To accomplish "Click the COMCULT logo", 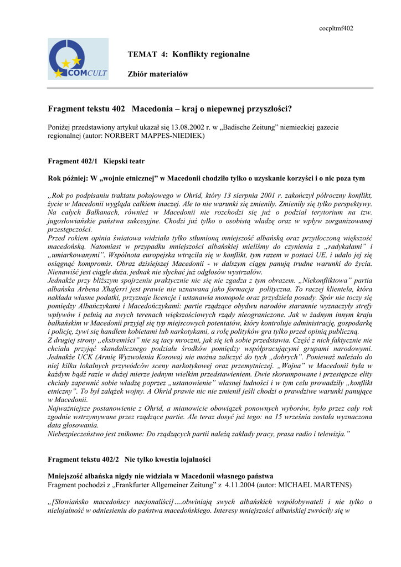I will point(78,59).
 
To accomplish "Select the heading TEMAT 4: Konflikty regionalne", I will point(188,54).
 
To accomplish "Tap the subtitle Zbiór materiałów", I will point(158,74).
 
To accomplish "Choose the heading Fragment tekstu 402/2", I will point(83,459).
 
